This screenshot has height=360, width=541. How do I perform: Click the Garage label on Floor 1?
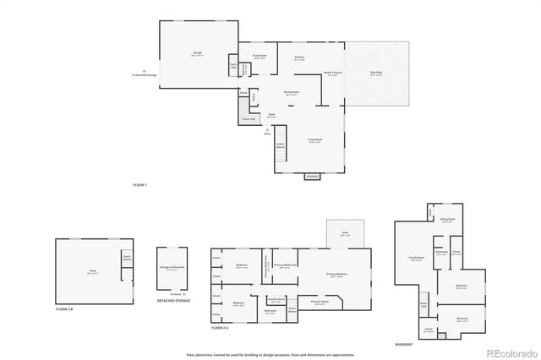tap(197, 53)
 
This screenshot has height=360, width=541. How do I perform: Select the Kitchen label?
tap(299, 58)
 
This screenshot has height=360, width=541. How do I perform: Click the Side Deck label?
tap(377, 73)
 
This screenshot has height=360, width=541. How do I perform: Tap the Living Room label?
tap(314, 139)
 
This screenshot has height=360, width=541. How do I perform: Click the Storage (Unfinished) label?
tap(172, 268)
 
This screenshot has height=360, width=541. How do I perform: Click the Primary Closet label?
tap(319, 302)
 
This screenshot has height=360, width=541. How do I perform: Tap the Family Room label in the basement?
tap(416, 259)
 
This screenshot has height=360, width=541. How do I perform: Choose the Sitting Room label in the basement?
tap(447, 219)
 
